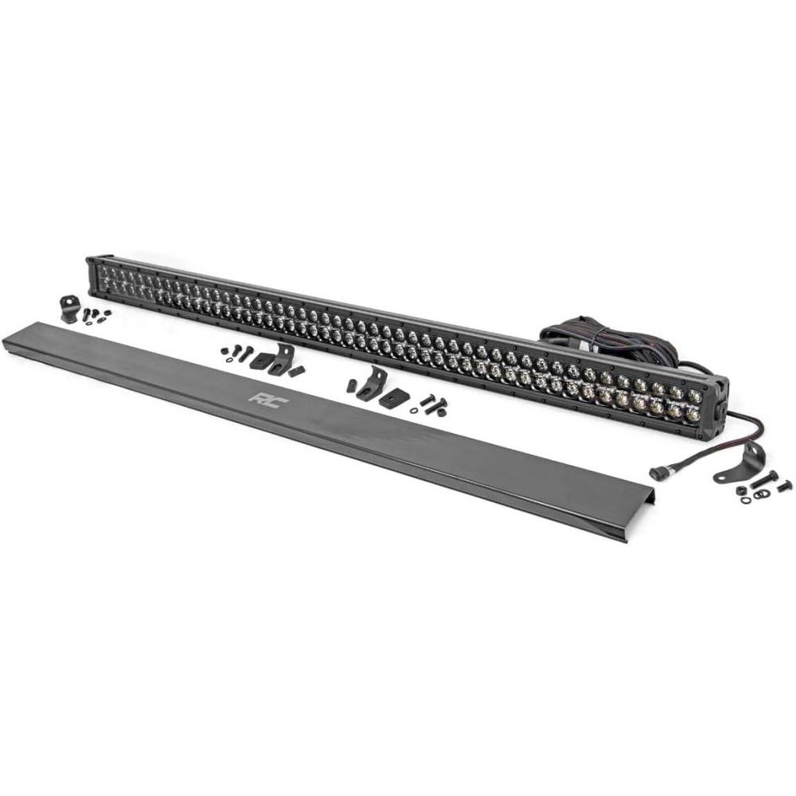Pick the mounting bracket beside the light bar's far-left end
pyautogui.click(x=68, y=307)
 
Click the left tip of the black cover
pyautogui.click(x=5, y=338)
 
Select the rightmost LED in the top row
pyautogui.click(x=694, y=396)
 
